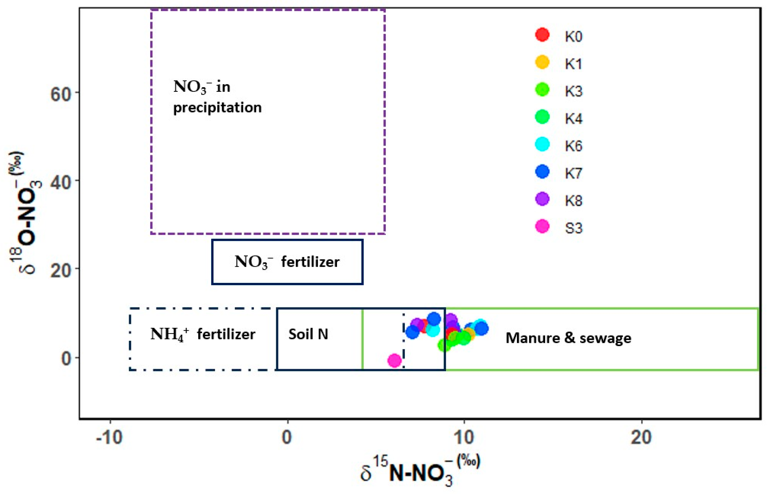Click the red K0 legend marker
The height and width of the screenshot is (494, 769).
[x=542, y=35]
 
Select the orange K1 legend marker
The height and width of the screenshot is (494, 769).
[x=542, y=62]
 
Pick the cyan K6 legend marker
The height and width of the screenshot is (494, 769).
[x=542, y=144]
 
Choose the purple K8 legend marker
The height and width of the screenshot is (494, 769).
[x=542, y=199]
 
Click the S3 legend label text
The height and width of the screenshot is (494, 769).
[x=574, y=228]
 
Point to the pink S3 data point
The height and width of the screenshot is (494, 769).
[x=394, y=360]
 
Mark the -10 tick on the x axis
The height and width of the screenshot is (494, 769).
[x=109, y=437]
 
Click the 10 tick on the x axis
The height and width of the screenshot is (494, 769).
[x=464, y=437]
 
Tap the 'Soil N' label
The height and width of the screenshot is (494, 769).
[x=308, y=334]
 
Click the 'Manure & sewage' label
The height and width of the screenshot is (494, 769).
[x=568, y=338]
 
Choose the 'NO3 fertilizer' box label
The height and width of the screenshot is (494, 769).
[x=287, y=262]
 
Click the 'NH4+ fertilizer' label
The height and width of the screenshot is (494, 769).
[x=203, y=335]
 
